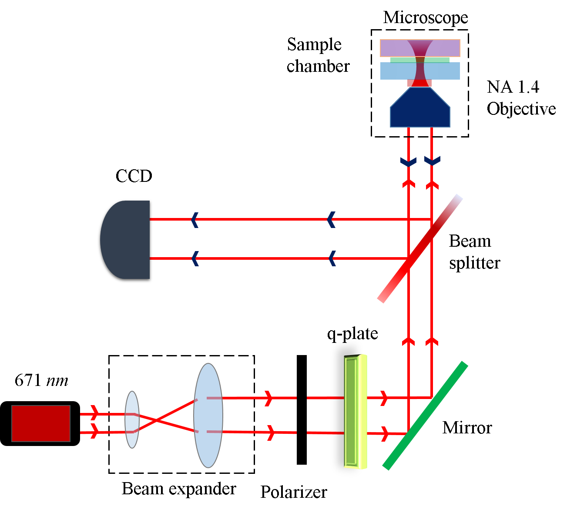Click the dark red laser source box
tap(40, 423)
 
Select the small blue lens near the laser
tap(132, 419)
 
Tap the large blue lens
tap(208, 416)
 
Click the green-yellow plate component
tap(355, 412)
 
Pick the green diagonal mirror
tap(425, 416)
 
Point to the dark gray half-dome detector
tap(126, 240)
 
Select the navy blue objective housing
tap(420, 111)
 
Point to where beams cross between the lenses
tap(156, 420)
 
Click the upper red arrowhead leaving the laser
tap(94, 412)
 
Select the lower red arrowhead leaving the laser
tap(94, 431)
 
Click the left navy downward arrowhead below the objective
tap(408, 162)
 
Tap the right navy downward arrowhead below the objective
tap(432, 161)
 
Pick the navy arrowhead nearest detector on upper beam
tap(195, 220)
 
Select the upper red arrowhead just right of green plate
tap(384, 398)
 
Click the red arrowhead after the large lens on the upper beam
tap(268, 398)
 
